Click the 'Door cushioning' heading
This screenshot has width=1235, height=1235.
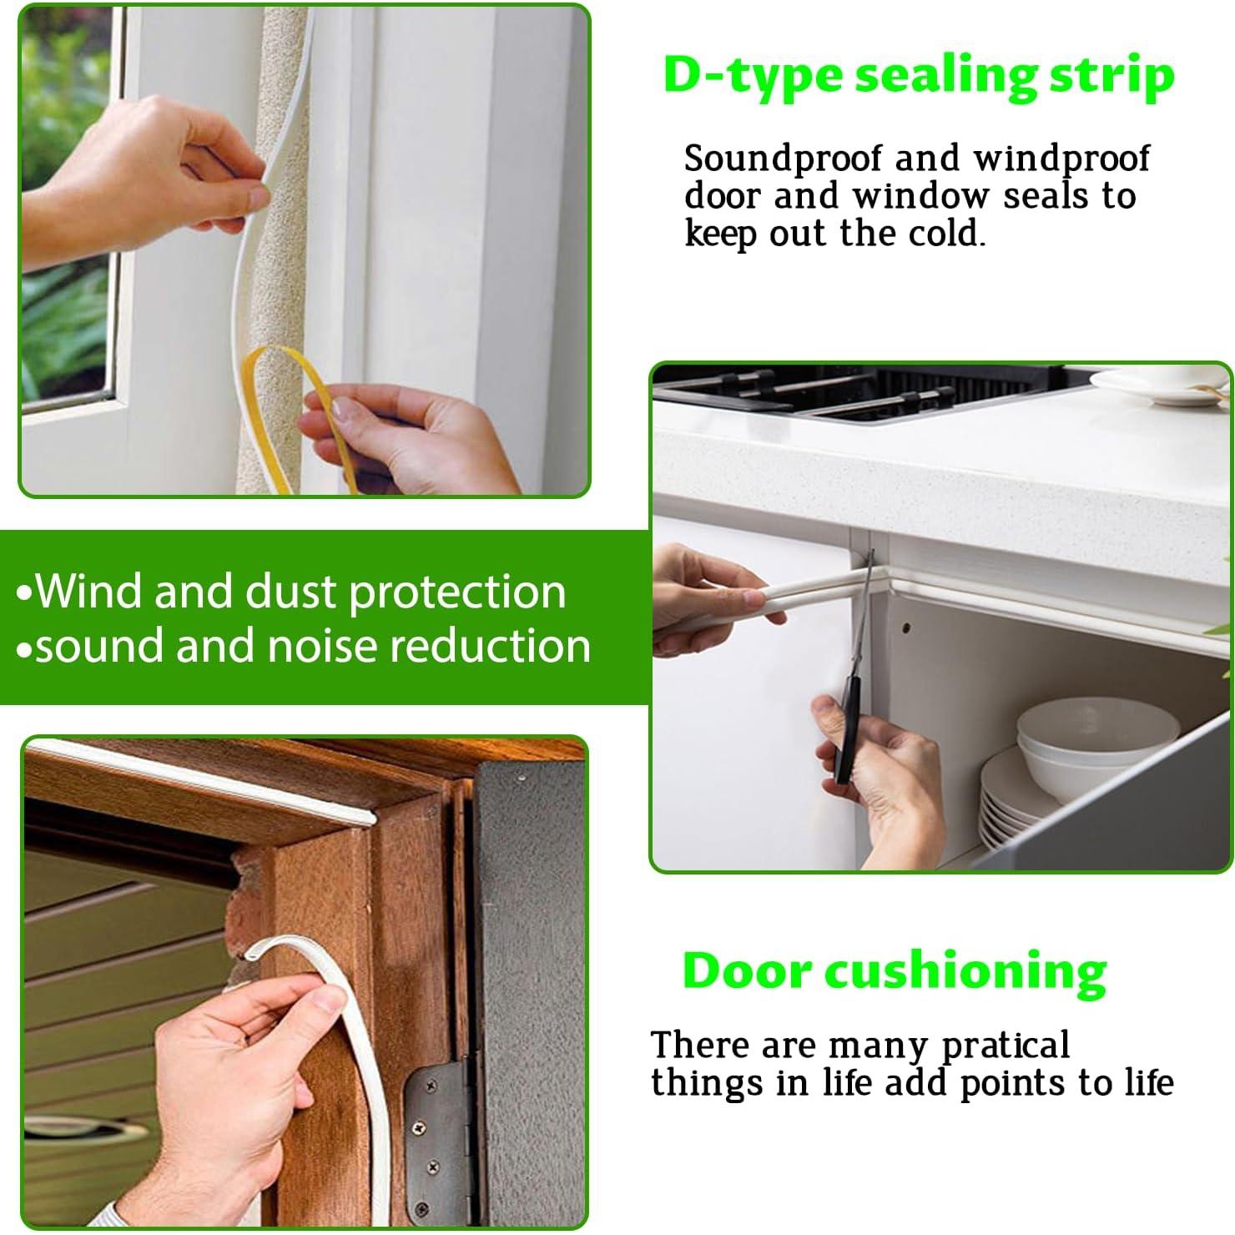pyautogui.click(x=895, y=972)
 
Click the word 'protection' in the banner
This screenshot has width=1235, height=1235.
pyautogui.click(x=457, y=592)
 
